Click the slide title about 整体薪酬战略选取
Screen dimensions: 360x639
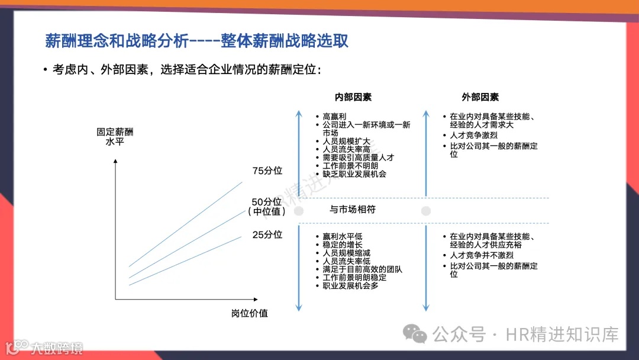[x=196, y=41]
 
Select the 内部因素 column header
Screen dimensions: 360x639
[x=353, y=97]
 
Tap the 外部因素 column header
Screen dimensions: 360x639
[x=480, y=97]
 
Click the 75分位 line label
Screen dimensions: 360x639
[x=267, y=171]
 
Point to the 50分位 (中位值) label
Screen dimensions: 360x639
[x=267, y=206]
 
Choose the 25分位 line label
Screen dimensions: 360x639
[x=267, y=234]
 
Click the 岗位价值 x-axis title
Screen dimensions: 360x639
[x=250, y=313]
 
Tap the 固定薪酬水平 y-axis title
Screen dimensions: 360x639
[x=115, y=137]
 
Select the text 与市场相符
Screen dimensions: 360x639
[x=353, y=210]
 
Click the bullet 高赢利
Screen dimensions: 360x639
[x=335, y=117]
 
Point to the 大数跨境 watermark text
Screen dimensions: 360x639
[x=57, y=348]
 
